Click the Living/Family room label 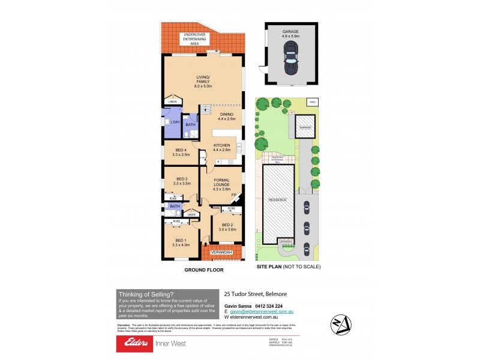coord(204,82)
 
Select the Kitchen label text coord(221,148)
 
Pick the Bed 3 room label coord(181,181)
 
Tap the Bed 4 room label coord(181,152)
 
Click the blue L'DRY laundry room coord(172,122)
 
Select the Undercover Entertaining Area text coord(197,39)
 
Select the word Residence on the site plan coord(278,199)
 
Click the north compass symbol coord(341,325)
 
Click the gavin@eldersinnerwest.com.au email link coord(262,313)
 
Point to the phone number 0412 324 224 coord(269,305)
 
